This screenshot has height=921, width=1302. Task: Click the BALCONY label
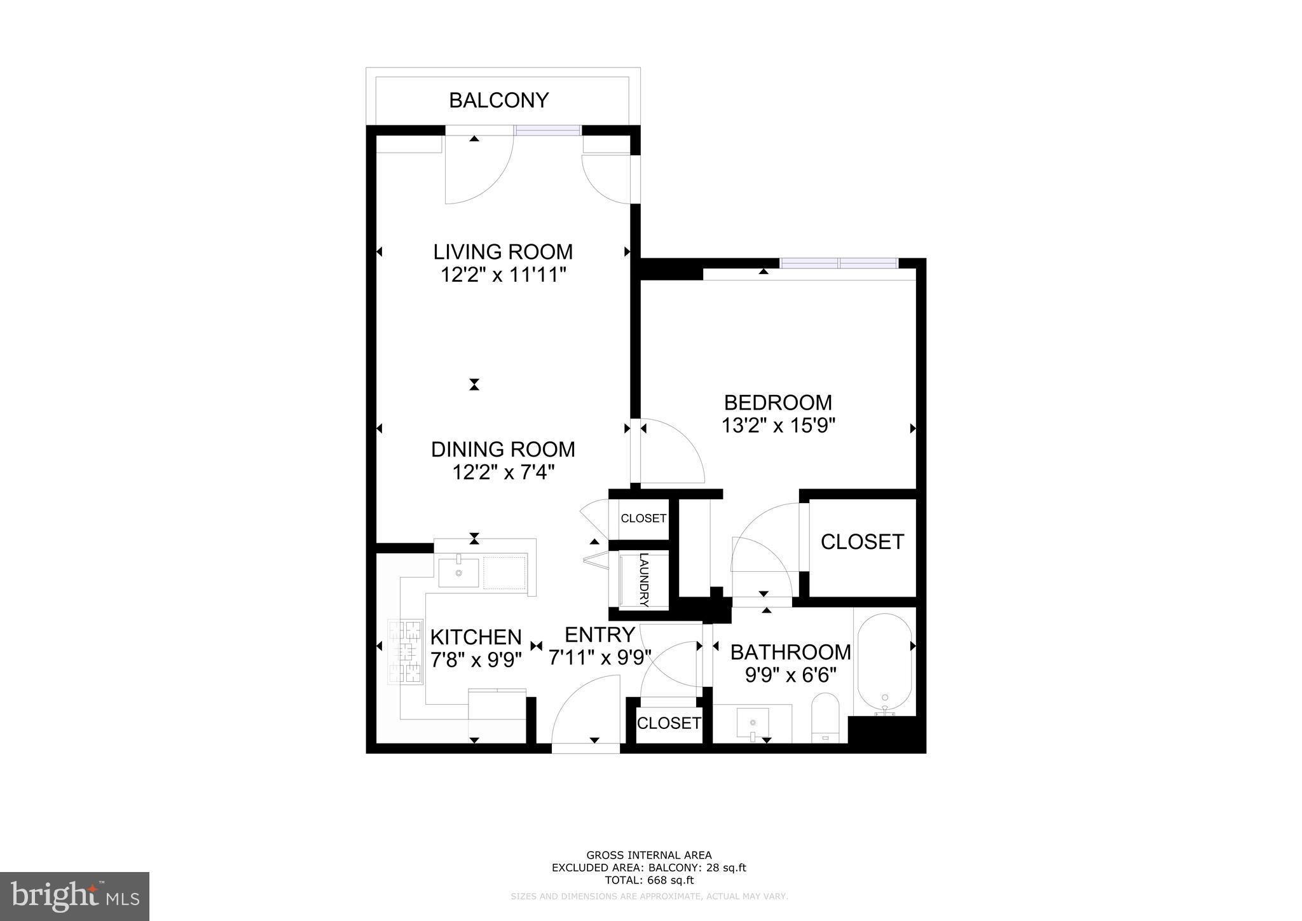[498, 100]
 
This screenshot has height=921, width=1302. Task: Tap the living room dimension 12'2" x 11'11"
[503, 275]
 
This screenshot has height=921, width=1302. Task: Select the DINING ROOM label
[503, 449]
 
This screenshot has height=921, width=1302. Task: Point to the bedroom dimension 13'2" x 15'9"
[778, 426]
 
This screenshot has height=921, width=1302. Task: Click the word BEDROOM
[778, 403]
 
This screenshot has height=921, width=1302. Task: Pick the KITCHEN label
[476, 637]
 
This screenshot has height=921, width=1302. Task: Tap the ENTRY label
[600, 635]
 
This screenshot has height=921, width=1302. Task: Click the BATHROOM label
[790, 652]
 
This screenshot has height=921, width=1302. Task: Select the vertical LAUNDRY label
[644, 579]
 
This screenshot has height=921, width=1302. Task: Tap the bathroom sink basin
[752, 722]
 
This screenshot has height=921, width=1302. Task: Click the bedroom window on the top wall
[839, 263]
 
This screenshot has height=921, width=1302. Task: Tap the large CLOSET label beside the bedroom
[862, 542]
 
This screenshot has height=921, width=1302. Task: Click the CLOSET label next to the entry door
[669, 723]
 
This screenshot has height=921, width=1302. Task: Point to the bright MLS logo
[74, 896]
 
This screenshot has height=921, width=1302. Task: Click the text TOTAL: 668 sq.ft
[649, 880]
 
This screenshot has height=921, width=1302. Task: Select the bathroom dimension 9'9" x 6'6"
[790, 675]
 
